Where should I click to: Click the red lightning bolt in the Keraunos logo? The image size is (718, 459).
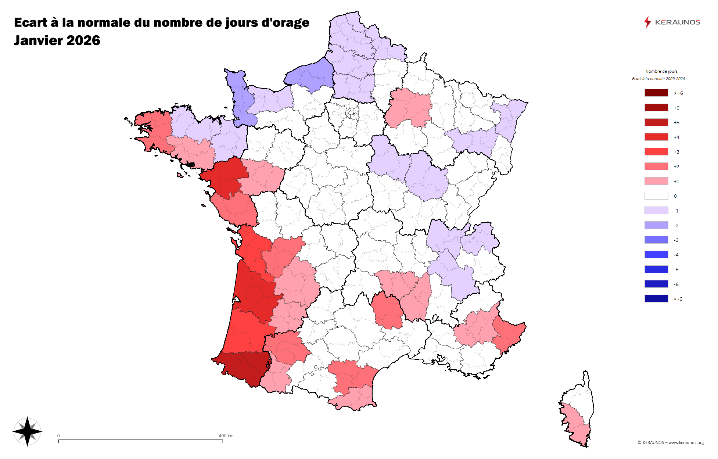pyautogui.click(x=647, y=22)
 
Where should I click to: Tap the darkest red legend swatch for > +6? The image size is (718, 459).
pyautogui.click(x=656, y=93)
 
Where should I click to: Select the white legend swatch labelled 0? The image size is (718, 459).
pyautogui.click(x=656, y=196)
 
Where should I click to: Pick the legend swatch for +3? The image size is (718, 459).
pyautogui.click(x=656, y=152)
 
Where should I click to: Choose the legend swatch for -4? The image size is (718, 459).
pyautogui.click(x=656, y=255)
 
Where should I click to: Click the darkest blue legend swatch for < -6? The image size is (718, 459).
pyautogui.click(x=656, y=299)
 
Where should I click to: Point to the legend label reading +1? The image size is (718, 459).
pyautogui.click(x=676, y=182)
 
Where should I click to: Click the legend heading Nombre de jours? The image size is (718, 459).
pyautogui.click(x=661, y=71)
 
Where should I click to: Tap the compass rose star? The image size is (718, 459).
pyautogui.click(x=28, y=431)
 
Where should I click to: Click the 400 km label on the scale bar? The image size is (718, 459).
pyautogui.click(x=226, y=436)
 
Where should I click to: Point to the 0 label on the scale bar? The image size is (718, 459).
pyautogui.click(x=58, y=436)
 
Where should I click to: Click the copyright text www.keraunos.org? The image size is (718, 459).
pyautogui.click(x=686, y=442)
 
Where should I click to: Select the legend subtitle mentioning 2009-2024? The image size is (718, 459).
pyautogui.click(x=658, y=79)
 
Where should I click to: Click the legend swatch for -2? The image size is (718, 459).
pyautogui.click(x=656, y=225)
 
